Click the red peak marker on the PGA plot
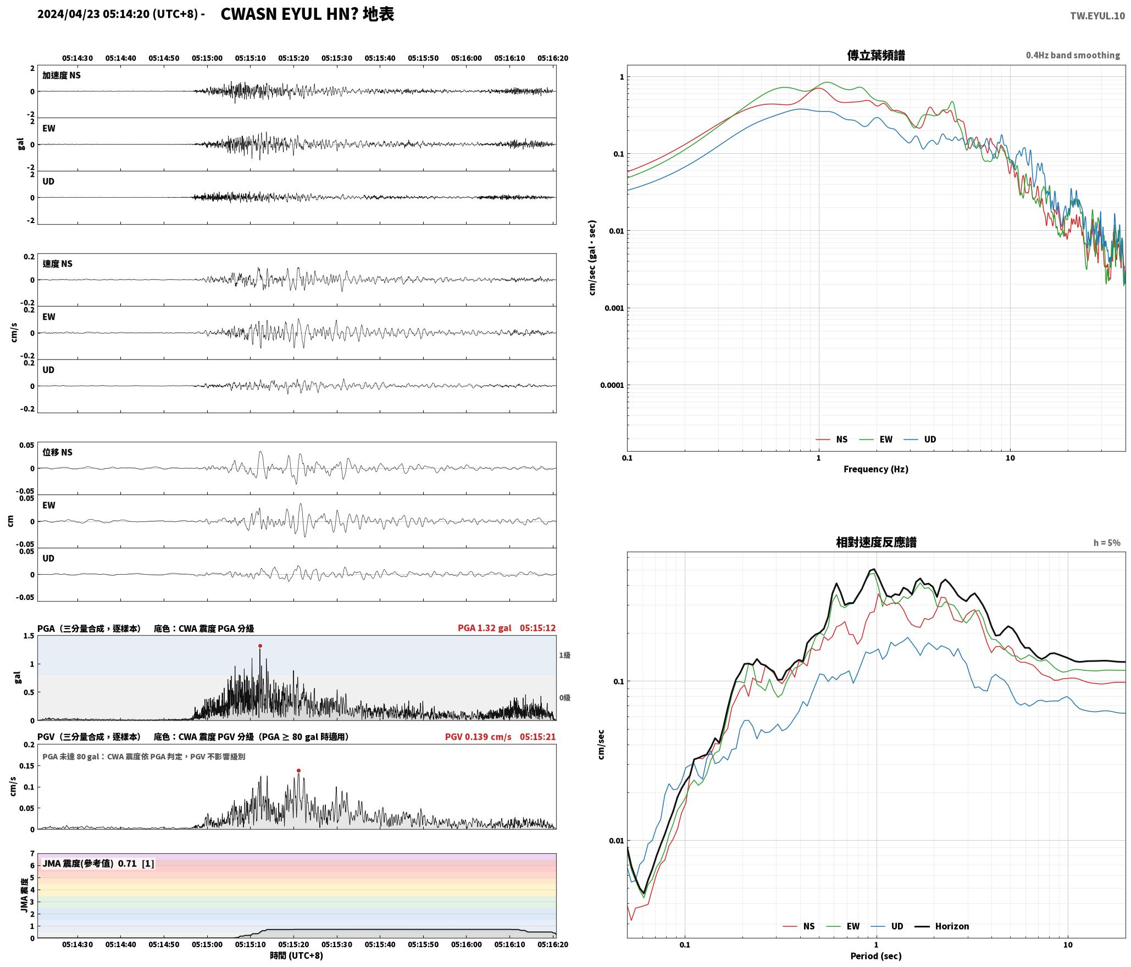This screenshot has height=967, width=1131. click(x=260, y=646)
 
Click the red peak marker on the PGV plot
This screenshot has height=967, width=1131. click(x=298, y=770)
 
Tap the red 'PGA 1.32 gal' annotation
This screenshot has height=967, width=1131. click(x=484, y=628)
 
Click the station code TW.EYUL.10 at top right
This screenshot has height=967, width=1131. click(x=1097, y=16)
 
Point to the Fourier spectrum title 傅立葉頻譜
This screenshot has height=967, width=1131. click(x=876, y=55)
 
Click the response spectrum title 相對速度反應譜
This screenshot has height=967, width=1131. click(x=876, y=542)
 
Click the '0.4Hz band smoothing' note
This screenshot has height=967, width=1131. click(x=1073, y=55)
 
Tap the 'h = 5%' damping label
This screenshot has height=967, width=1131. click(x=1106, y=543)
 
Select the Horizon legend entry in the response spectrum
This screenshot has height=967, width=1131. click(x=942, y=926)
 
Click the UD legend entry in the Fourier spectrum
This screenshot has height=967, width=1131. click(x=920, y=440)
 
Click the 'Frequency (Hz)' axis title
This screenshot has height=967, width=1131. click(x=876, y=469)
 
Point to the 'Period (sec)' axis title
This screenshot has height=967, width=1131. click(x=876, y=956)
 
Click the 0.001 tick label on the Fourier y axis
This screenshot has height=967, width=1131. click(x=614, y=308)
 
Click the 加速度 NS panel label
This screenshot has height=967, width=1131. click(x=62, y=75)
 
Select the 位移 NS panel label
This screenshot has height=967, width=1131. click(x=57, y=452)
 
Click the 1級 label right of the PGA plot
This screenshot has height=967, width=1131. click(x=565, y=655)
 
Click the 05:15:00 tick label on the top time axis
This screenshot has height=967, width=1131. click(x=207, y=58)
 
